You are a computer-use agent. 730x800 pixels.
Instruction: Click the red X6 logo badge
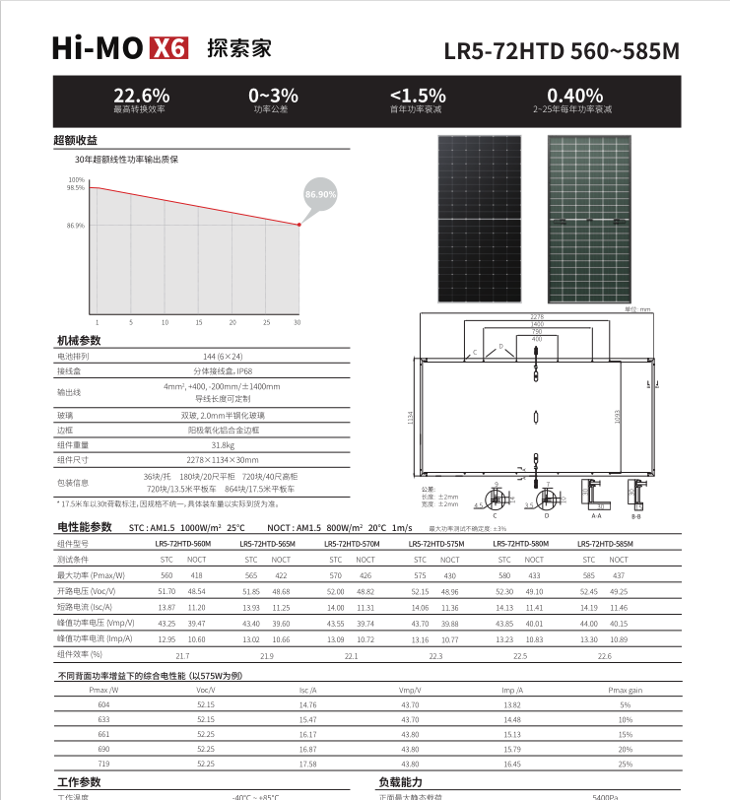[167, 48]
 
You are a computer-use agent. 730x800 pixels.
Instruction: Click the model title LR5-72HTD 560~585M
[562, 50]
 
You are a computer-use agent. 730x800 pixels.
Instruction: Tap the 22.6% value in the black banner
[141, 95]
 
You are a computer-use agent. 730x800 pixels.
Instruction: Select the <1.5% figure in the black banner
[418, 95]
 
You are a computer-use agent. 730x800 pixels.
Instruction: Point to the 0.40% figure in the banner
[574, 95]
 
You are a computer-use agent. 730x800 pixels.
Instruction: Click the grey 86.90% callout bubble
[321, 195]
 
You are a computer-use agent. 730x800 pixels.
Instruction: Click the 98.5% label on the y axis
[76, 187]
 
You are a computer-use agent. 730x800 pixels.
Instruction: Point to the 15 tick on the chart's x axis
[198, 322]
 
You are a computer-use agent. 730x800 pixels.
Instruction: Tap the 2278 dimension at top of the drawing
[537, 315]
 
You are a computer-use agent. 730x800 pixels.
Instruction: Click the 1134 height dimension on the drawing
[410, 418]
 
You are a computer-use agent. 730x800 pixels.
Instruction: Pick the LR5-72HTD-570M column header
[352, 543]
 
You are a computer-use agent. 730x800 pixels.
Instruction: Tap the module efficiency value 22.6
[604, 655]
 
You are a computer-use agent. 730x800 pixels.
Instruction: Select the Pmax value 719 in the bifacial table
[103, 764]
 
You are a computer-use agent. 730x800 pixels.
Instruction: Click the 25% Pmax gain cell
[625, 764]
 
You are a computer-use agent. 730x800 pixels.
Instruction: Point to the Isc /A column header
[307, 691]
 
